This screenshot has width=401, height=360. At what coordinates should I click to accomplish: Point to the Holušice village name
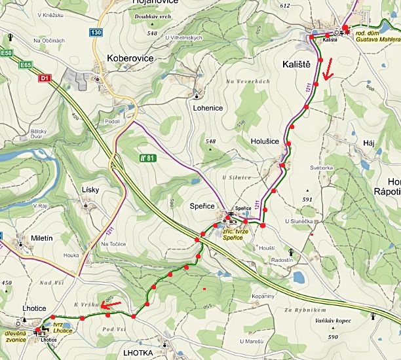click(x=265, y=139)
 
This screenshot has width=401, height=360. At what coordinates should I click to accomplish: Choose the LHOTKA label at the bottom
click(x=138, y=353)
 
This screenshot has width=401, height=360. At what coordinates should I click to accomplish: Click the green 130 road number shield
click(x=96, y=32)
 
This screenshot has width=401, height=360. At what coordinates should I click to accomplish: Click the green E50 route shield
click(x=7, y=52)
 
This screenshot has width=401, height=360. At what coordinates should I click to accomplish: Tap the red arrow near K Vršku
click(x=111, y=304)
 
